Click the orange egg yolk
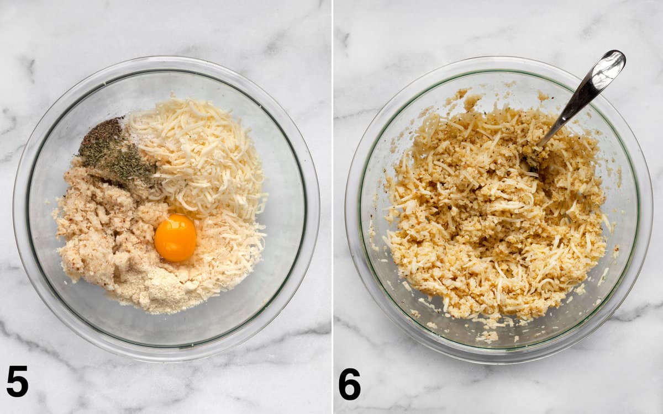pyautogui.click(x=175, y=238)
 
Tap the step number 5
pyautogui.click(x=18, y=381)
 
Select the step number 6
pyautogui.click(x=350, y=384)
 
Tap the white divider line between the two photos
pyautogui.click(x=333, y=207)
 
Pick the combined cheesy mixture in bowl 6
pyautogui.click(x=494, y=213)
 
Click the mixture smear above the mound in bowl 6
pyautogui.click(x=465, y=98)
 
